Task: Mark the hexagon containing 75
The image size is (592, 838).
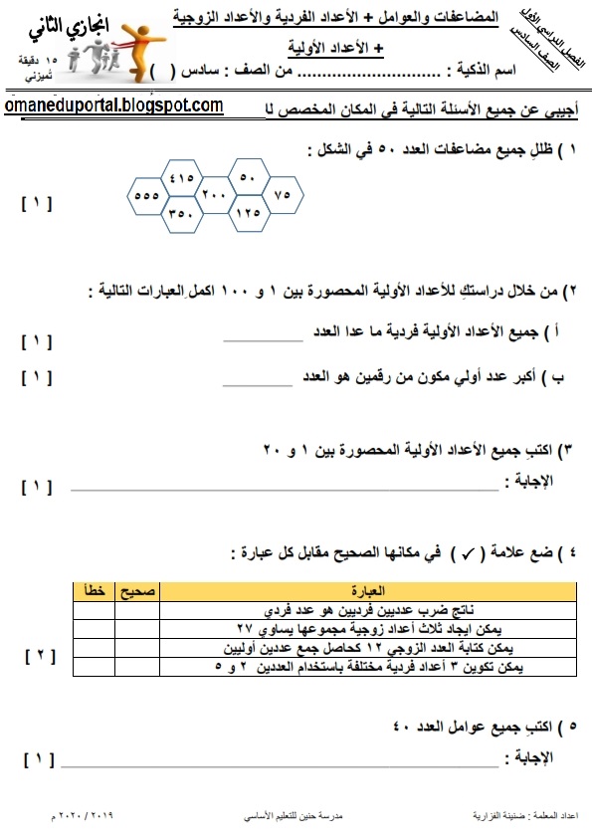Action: pos(282,195)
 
